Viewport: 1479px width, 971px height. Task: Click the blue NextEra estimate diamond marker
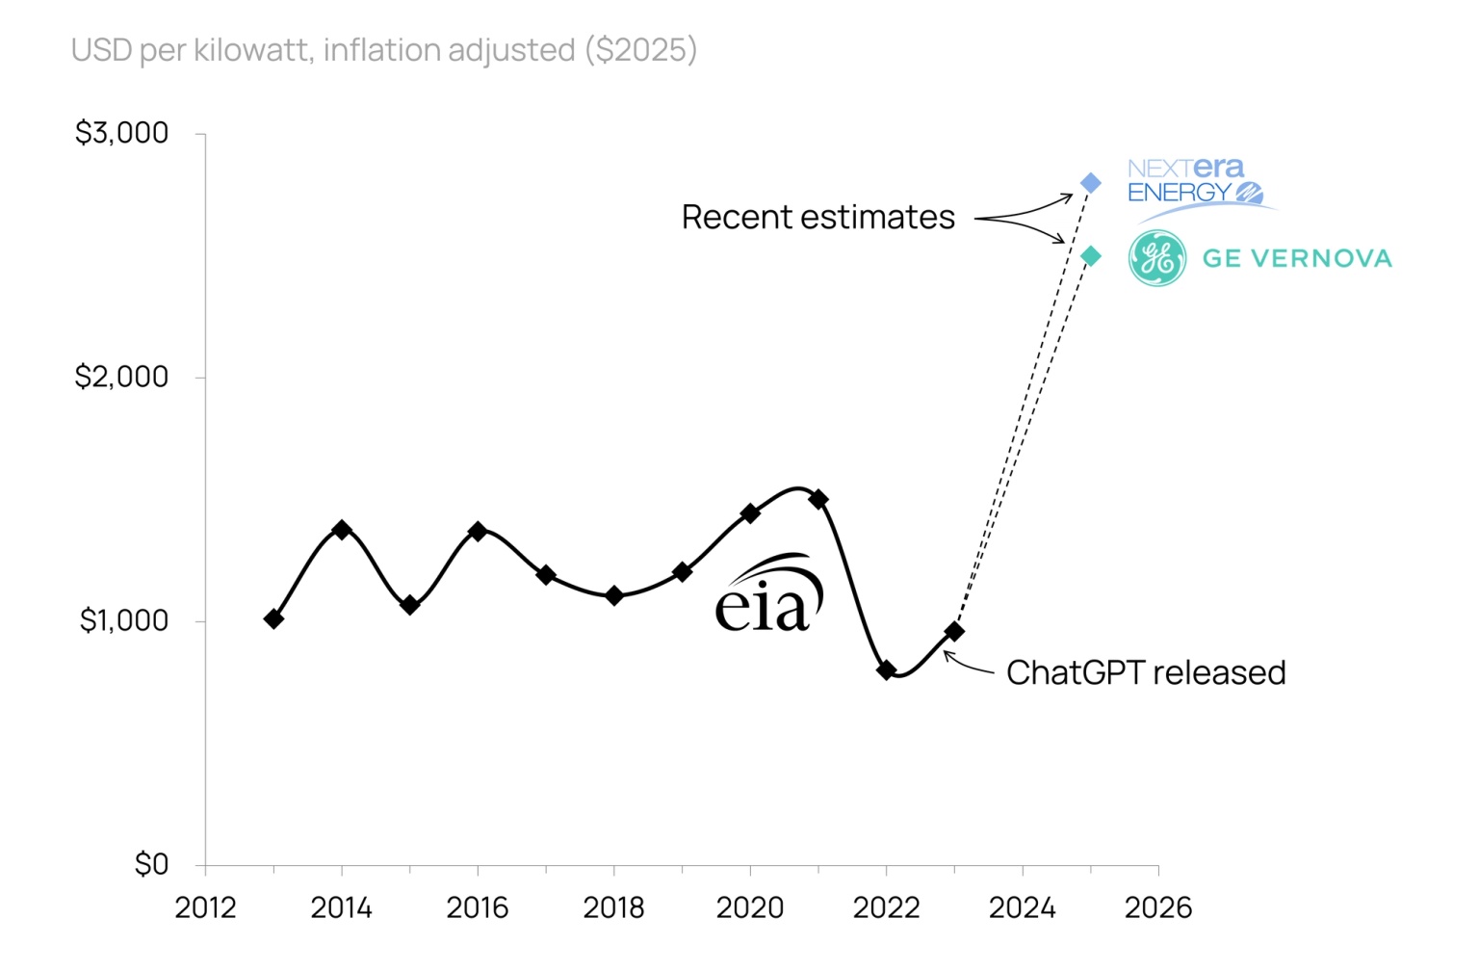coord(1090,183)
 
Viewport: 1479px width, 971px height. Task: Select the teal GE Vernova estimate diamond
coord(1090,256)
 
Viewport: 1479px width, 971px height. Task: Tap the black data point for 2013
coord(273,618)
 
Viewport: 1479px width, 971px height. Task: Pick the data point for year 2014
coord(342,530)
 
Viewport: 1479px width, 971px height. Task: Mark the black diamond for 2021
coord(818,499)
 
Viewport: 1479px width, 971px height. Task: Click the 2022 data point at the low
coord(887,670)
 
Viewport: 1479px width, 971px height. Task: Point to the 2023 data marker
coord(954,631)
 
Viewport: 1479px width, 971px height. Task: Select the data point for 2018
coord(614,595)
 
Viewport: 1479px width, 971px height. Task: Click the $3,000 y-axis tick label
coord(122,133)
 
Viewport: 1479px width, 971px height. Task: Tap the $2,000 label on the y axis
coord(122,377)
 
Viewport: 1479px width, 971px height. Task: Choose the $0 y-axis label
coord(151,864)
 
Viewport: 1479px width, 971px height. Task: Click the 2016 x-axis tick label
coord(478,907)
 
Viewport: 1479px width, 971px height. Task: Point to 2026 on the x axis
coord(1158,907)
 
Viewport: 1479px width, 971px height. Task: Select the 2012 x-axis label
coord(205,907)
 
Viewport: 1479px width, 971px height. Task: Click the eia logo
coord(768,594)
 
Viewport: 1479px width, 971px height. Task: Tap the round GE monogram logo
coord(1156,258)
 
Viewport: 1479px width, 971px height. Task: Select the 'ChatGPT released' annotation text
coord(1146,672)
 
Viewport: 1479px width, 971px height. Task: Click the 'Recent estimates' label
coord(817,218)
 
